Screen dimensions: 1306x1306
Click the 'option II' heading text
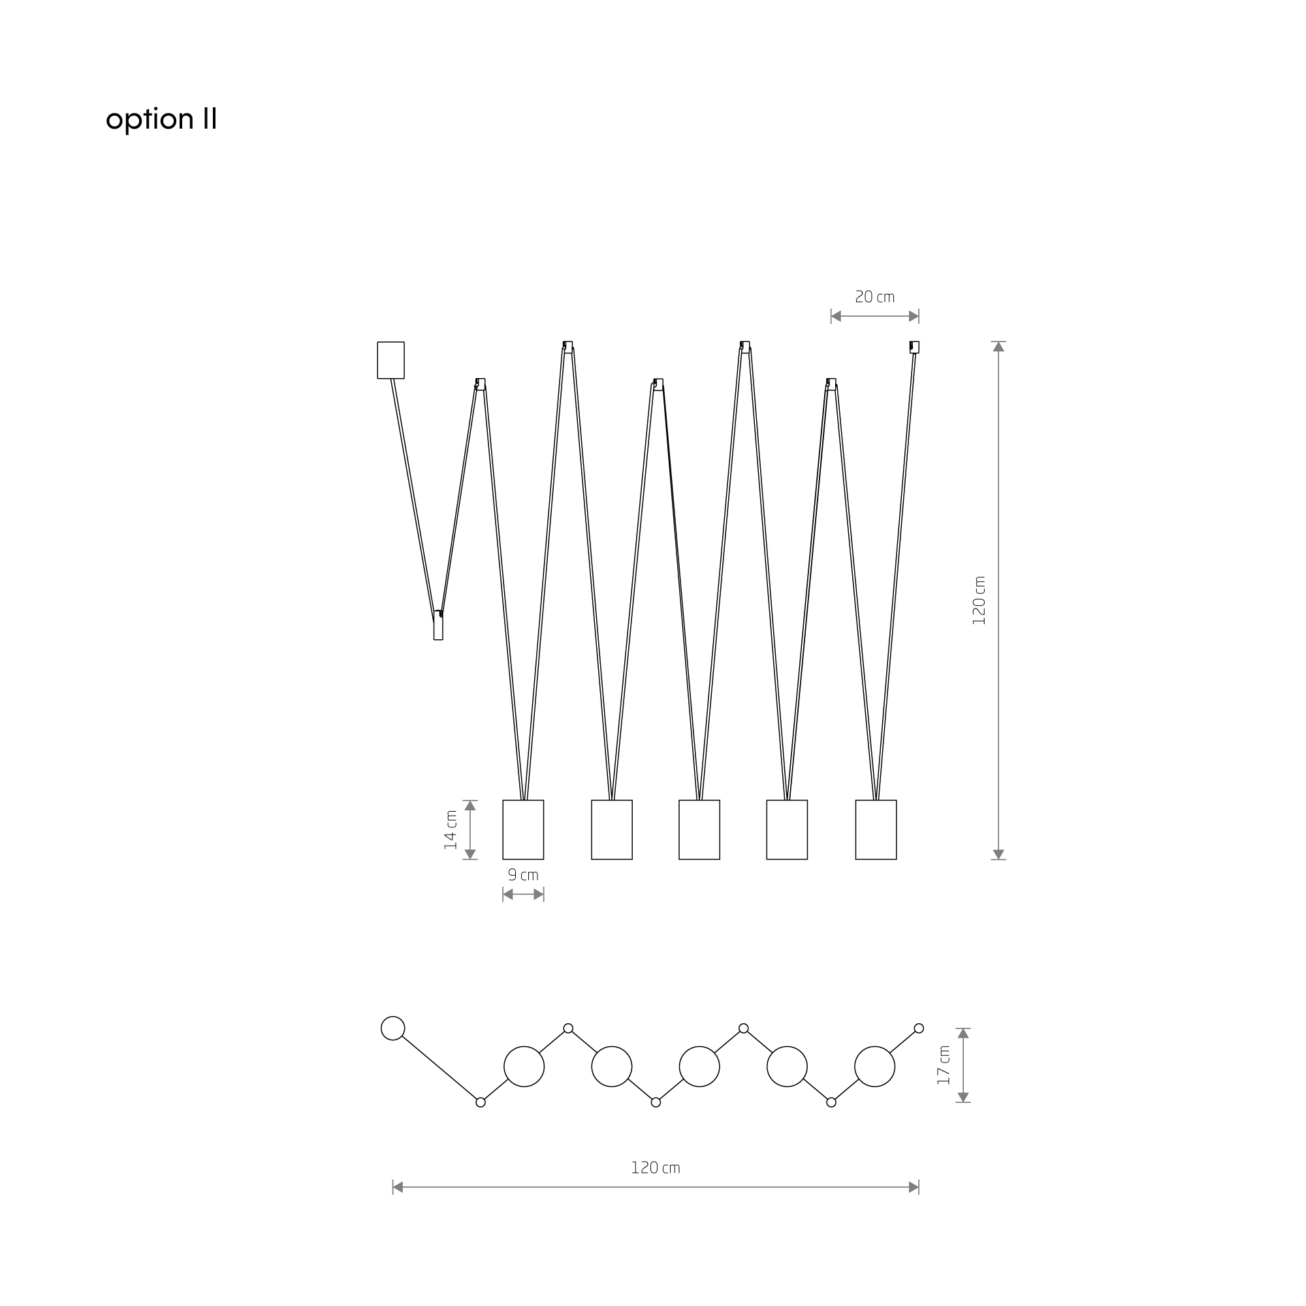[x=161, y=119]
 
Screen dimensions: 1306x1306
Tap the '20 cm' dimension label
[x=875, y=296]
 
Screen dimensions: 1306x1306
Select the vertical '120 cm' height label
[x=979, y=600]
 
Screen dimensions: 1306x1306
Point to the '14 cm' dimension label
[x=451, y=829]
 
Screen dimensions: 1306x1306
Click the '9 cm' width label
[x=523, y=875]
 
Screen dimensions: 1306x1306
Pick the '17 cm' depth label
[x=944, y=1065]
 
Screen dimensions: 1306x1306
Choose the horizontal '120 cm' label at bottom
[x=655, y=1168]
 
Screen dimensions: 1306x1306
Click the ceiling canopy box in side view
[x=390, y=360]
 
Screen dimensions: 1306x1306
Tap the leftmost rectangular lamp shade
[x=523, y=829]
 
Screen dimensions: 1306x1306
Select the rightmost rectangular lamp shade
[x=876, y=829]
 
